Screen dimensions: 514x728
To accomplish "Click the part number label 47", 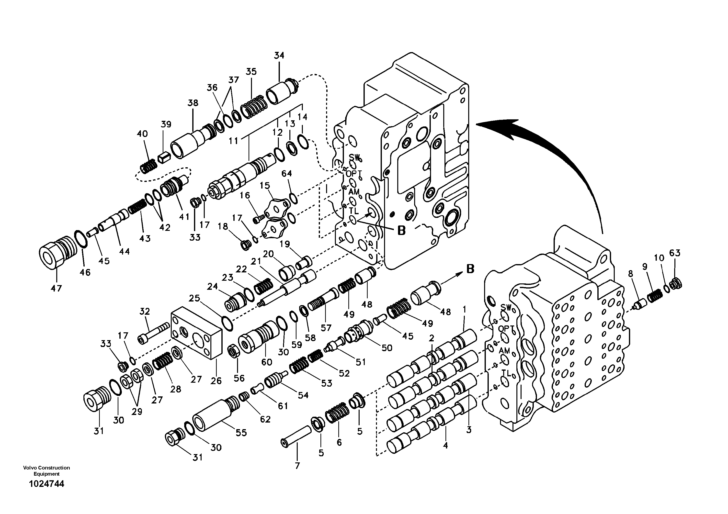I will (57, 288).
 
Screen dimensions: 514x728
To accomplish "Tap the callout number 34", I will (279, 56).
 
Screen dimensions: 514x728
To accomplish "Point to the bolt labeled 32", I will (154, 333).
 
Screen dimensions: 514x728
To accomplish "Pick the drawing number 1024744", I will (46, 484).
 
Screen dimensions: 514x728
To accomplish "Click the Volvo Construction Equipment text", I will (46, 470).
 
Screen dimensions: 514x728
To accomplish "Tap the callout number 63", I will (675, 253).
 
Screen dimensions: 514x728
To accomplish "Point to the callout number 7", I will (297, 466).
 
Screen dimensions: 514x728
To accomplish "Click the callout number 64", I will (287, 173).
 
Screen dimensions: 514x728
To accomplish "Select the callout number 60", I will (267, 362).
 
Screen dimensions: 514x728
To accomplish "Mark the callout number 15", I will (265, 185).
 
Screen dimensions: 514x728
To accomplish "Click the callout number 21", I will (256, 261).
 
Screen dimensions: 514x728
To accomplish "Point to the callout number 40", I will (142, 134).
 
